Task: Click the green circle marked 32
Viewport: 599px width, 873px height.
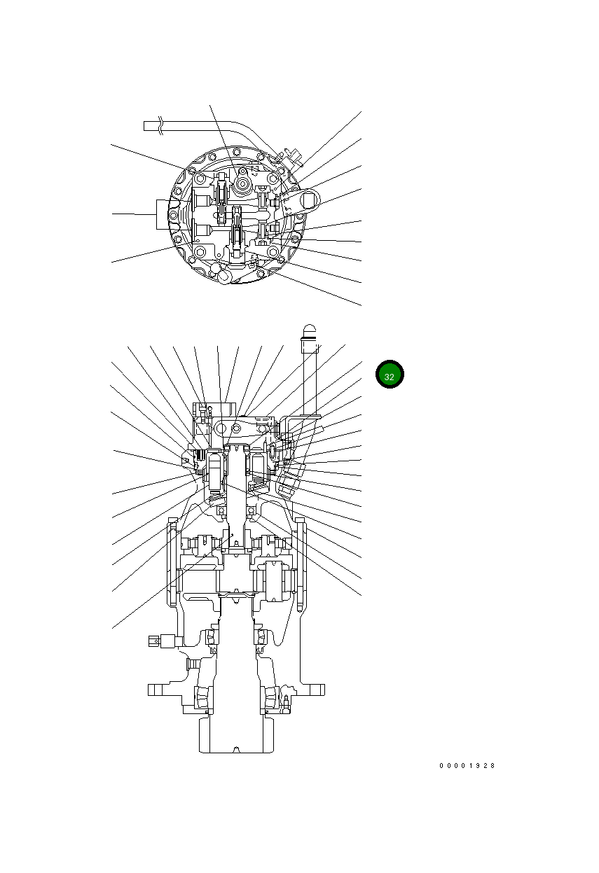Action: pos(390,375)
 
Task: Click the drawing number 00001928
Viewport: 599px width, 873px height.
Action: pos(467,766)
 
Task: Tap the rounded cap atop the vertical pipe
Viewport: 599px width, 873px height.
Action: pos(310,331)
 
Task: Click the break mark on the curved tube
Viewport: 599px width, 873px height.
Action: pos(162,126)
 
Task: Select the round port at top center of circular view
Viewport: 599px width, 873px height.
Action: pos(242,183)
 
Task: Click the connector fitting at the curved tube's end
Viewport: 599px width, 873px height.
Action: pos(293,157)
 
